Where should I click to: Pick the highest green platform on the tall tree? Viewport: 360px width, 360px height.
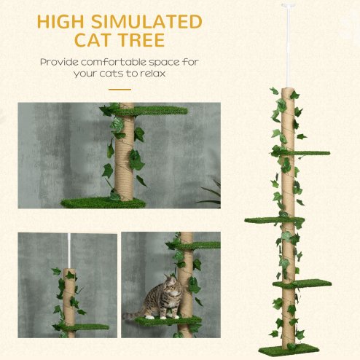[305, 153]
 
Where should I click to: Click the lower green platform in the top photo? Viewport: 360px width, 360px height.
[102, 202]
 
